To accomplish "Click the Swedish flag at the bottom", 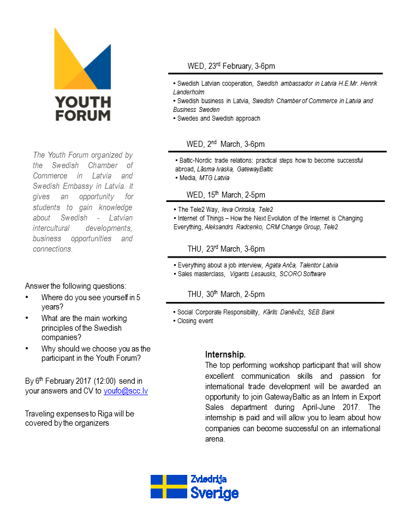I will (x=169, y=486).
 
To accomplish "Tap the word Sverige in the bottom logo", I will (x=214, y=493).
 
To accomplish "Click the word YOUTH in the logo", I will (x=82, y=102).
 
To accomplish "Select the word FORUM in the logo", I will (x=82, y=115).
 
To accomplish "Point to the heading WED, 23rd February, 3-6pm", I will (x=231, y=66).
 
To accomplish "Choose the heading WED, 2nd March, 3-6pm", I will (x=225, y=144).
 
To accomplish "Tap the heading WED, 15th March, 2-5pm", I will (x=226, y=195).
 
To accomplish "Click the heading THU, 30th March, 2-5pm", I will (x=226, y=294).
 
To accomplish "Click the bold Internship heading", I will (x=225, y=355).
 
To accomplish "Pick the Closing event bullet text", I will (x=195, y=321).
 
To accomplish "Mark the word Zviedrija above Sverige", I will (x=209, y=479).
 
